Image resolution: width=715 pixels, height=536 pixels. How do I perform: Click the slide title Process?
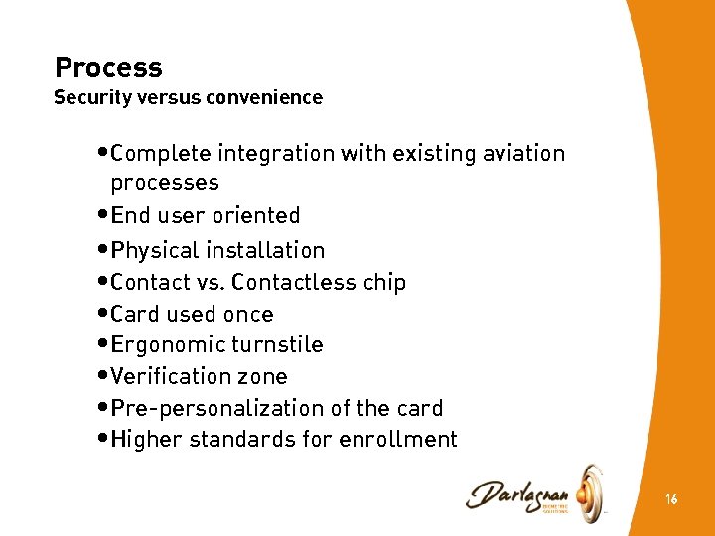[x=108, y=67]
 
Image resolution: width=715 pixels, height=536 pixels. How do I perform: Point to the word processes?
[x=165, y=183]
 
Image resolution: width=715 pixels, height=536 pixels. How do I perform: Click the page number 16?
[x=671, y=500]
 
